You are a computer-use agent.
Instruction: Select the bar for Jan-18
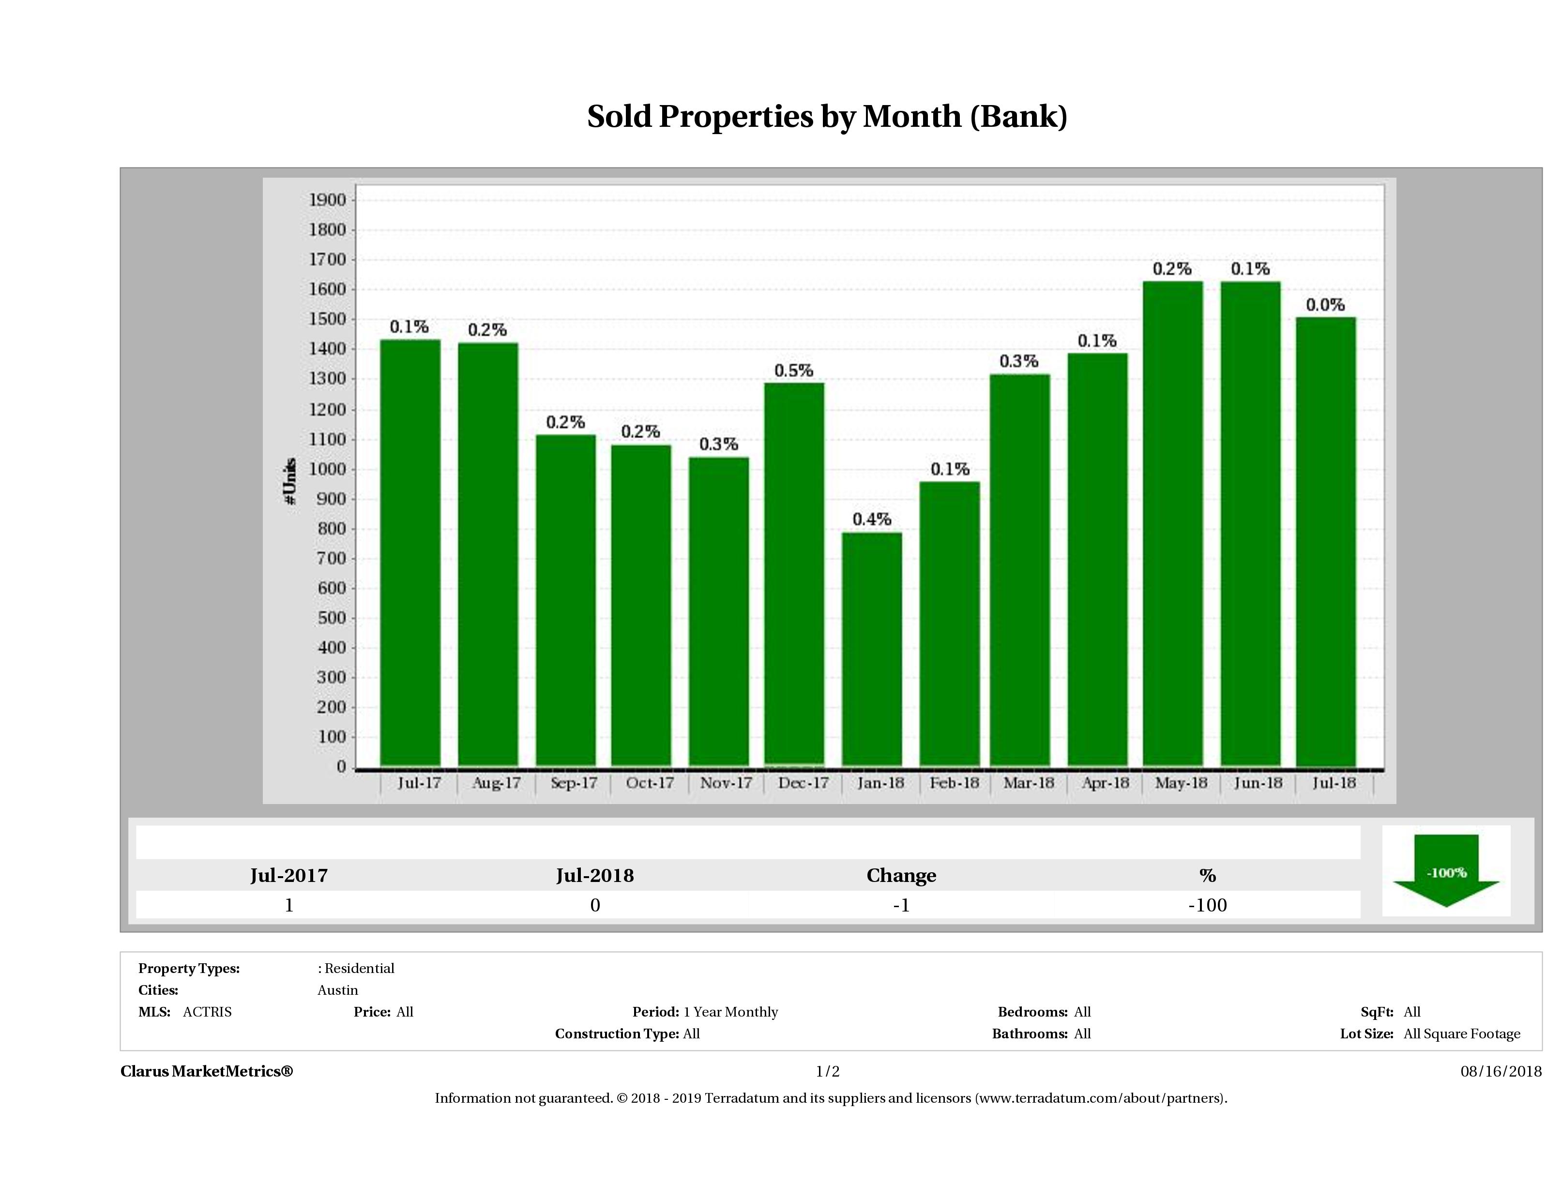tap(872, 650)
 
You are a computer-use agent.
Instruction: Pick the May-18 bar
tap(1173, 523)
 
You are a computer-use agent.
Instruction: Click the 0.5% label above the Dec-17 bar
tap(794, 371)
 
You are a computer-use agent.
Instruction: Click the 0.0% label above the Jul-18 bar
tap(1325, 305)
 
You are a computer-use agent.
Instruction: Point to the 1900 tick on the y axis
tap(328, 200)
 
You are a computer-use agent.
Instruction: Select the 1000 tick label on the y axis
tap(328, 470)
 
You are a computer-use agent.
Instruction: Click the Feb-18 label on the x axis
tap(954, 783)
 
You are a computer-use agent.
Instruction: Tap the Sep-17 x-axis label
tap(574, 783)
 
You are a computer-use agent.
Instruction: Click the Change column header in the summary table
tap(901, 876)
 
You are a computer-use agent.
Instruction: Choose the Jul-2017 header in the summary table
tap(289, 876)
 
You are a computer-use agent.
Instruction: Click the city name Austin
tap(337, 990)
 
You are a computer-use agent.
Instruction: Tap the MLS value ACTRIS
tap(207, 1012)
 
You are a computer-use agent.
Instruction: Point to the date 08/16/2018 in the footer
tap(1501, 1071)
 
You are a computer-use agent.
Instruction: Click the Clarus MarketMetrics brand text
tap(206, 1071)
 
